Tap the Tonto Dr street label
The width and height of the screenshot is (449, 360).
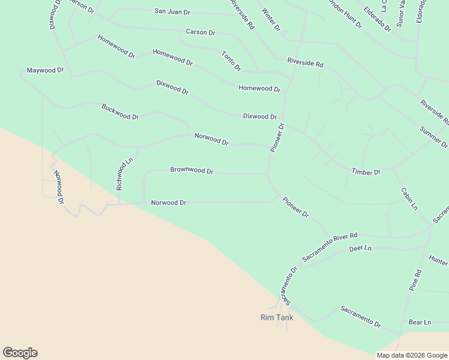[x=231, y=60]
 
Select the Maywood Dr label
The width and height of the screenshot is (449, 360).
[x=45, y=70]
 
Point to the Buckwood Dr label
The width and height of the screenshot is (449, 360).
[x=120, y=112]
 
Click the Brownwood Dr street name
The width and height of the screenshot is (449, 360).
[x=191, y=170]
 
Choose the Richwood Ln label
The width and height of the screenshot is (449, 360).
[x=124, y=174]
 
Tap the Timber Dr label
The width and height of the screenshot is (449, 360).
[x=366, y=172]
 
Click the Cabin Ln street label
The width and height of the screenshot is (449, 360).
[x=409, y=199]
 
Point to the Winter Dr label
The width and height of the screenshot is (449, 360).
[x=271, y=20]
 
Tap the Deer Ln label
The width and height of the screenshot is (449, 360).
[x=360, y=248]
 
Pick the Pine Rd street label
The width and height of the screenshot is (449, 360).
[x=415, y=280]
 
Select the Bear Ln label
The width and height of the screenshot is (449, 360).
[x=420, y=322]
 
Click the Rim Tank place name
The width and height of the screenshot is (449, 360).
[x=277, y=317]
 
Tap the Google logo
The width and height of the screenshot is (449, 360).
[x=20, y=353]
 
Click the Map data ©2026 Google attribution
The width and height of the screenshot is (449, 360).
[x=412, y=355]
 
